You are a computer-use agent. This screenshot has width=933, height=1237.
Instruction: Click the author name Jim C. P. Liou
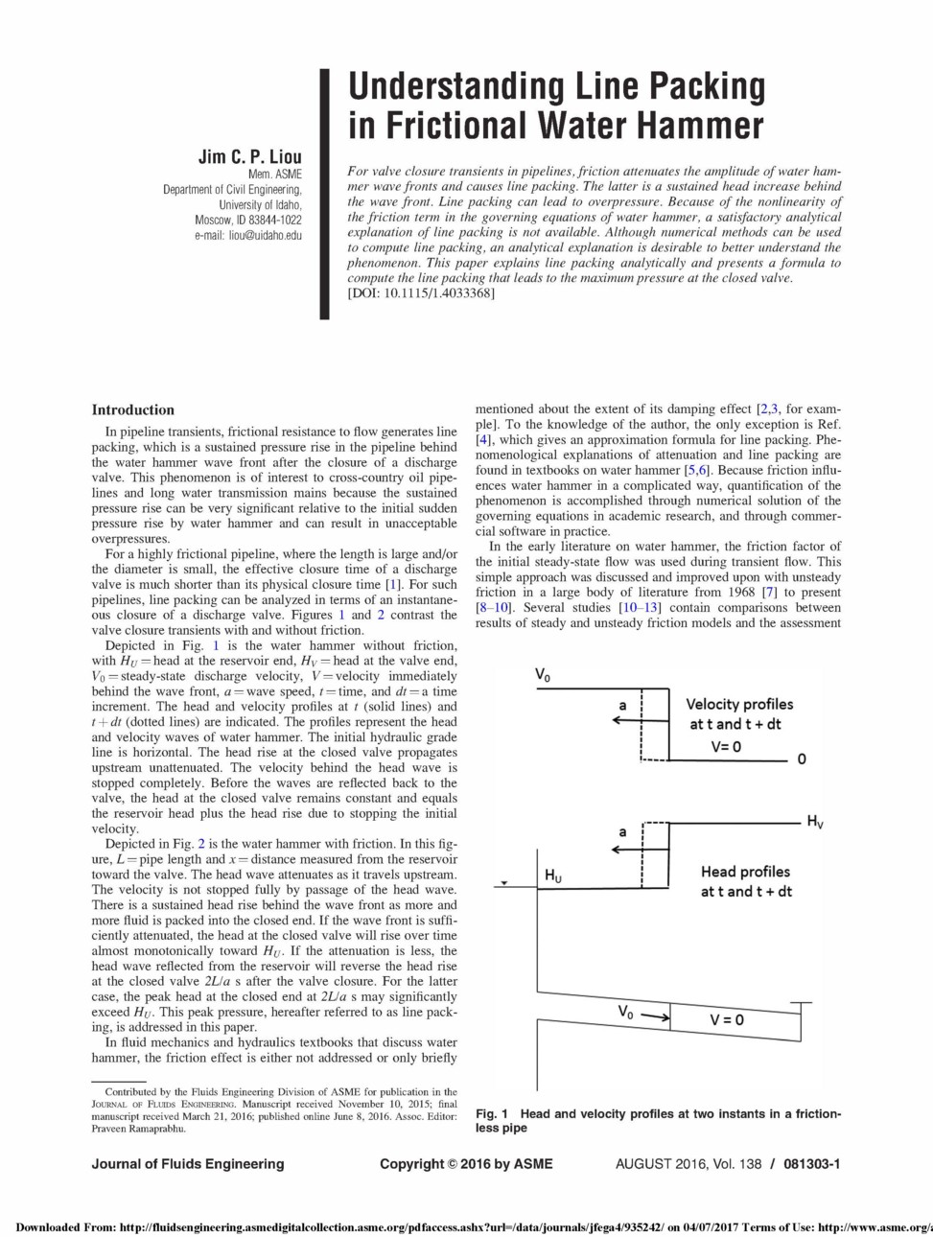[x=249, y=156]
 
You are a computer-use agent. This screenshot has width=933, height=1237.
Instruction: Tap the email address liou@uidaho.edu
[x=265, y=235]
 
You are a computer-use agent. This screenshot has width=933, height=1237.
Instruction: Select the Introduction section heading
[x=133, y=409]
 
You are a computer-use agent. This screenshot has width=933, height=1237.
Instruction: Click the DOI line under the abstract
[x=421, y=292]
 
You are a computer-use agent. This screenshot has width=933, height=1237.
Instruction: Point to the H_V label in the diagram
[x=814, y=822]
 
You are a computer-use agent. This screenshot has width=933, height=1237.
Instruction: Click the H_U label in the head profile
[x=553, y=875]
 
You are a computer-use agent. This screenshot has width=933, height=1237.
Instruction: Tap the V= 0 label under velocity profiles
[x=726, y=746]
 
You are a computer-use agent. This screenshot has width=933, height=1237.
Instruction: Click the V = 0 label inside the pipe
[x=726, y=1019]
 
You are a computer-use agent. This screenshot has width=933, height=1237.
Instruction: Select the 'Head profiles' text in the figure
[x=745, y=872]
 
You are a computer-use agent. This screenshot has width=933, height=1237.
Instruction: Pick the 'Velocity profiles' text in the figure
[x=739, y=704]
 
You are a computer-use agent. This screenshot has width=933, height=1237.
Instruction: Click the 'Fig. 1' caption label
[x=492, y=1113]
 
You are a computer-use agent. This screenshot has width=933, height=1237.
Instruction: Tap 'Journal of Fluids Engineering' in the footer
[x=188, y=1164]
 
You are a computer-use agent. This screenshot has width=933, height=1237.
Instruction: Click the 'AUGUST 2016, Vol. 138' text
[x=688, y=1164]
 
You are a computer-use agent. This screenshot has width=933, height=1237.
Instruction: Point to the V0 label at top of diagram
[x=543, y=675]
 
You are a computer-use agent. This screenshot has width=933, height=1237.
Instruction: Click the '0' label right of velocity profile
[x=802, y=759]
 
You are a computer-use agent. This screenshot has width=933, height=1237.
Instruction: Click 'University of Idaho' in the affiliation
[x=260, y=204]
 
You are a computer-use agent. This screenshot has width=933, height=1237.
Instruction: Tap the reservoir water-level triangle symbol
[x=501, y=881]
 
